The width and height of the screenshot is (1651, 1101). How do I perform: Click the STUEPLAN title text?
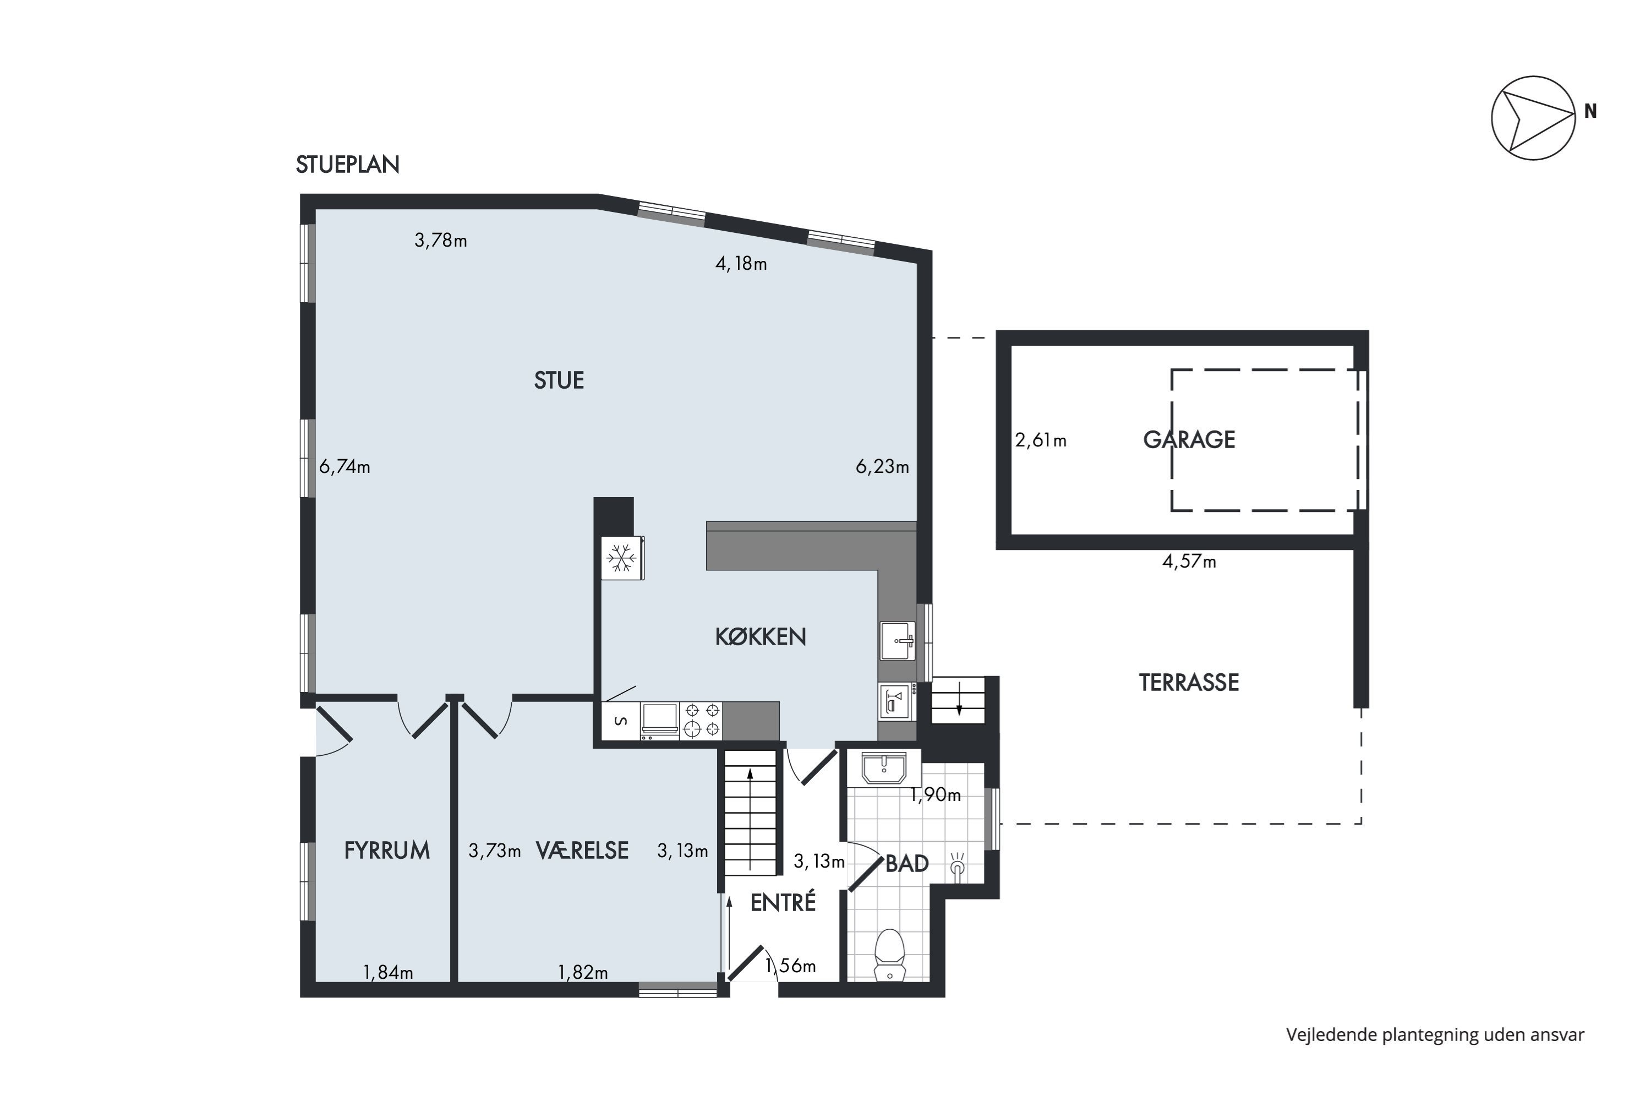pos(347,164)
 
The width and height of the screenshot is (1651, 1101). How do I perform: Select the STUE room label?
pos(559,380)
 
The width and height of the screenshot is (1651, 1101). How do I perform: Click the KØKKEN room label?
pos(760,637)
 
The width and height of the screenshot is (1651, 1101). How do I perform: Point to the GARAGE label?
pos(1189,439)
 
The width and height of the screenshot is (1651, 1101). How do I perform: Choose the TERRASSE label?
pos(1188,683)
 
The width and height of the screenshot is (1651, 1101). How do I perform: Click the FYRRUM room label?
pos(387,851)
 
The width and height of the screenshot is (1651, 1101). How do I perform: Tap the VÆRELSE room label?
pos(582,851)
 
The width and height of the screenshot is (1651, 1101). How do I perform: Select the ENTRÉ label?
pos(783,902)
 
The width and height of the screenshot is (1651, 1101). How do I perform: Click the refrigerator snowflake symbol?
pos(621,559)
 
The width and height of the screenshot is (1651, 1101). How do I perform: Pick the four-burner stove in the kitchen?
pos(701,721)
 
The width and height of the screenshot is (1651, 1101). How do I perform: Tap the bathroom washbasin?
pos(884,767)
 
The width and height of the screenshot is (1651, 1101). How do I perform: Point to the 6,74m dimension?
pos(345,467)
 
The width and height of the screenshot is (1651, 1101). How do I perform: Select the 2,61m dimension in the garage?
pos(1040,440)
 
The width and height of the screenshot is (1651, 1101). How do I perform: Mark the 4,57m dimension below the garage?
pos(1189,562)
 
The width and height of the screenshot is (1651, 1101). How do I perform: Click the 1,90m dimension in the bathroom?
pos(935,795)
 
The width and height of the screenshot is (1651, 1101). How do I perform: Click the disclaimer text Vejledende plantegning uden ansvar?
pos(1435,1035)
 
